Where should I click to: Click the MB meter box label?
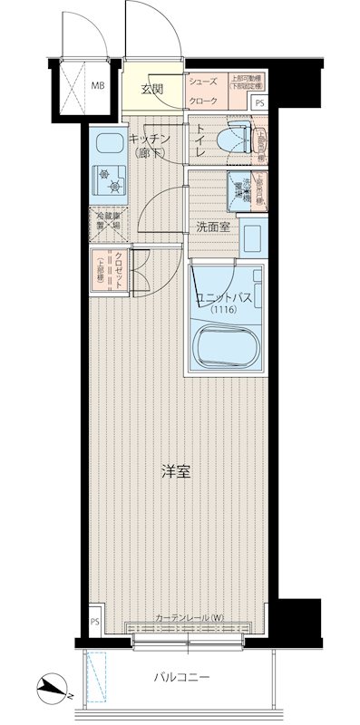pos(96,88)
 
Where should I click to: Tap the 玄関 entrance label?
pos(151,89)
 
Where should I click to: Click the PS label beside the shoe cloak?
pos(260,104)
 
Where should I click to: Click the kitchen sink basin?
pos(109,144)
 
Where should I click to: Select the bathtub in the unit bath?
pos(225,347)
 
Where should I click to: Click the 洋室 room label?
pos(176,472)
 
